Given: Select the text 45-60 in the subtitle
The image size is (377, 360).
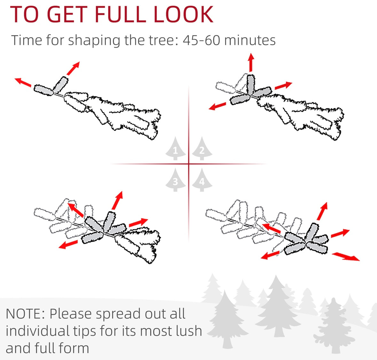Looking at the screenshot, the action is pyautogui.click(x=201, y=40).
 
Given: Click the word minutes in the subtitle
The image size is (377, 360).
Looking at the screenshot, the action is pyautogui.click(x=250, y=40).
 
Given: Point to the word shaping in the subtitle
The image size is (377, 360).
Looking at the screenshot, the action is pyautogui.click(x=94, y=41).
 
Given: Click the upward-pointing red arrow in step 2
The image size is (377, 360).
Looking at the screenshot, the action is pyautogui.click(x=251, y=62).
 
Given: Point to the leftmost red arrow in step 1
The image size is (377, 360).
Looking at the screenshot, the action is pyautogui.click(x=23, y=82).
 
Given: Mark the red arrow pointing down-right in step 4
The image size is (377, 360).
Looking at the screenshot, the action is pyautogui.click(x=346, y=257).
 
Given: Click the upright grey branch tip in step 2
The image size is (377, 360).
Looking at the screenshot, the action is pyautogui.click(x=250, y=85).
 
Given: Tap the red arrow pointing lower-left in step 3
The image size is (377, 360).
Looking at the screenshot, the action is pyautogui.click(x=68, y=244).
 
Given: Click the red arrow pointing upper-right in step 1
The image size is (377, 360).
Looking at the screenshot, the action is pyautogui.click(x=73, y=68).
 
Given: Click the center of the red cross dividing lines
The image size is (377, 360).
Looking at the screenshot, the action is pyautogui.click(x=189, y=164).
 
